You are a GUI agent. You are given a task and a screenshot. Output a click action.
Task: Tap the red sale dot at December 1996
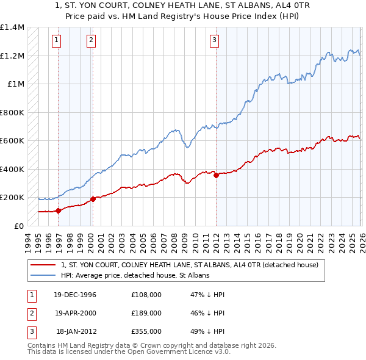[59, 211]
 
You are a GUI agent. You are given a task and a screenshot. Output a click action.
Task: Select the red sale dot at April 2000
[93, 199]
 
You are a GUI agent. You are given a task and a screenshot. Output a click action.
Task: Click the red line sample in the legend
[44, 265]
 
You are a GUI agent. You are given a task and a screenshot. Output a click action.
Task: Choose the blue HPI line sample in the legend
[44, 276]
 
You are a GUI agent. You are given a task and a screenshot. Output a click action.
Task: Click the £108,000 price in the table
[146, 295]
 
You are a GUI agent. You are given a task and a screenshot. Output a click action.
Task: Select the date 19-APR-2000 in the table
[76, 313]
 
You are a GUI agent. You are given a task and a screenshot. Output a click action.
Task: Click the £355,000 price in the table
[146, 331]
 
